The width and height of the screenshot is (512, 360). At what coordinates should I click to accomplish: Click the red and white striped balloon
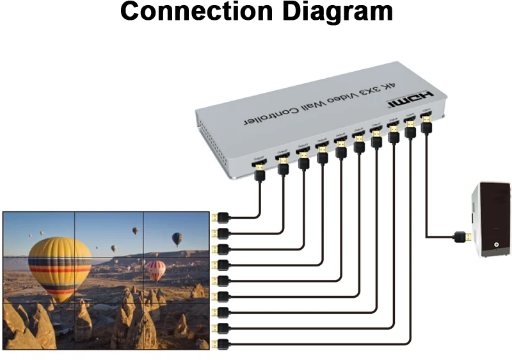click(156, 270)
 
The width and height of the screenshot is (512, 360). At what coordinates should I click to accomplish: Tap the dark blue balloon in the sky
click(177, 239)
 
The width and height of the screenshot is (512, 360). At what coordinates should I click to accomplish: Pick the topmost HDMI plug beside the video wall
click(220, 217)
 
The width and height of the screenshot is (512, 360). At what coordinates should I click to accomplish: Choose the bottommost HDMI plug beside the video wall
click(220, 343)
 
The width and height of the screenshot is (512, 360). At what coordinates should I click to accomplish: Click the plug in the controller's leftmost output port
click(260, 172)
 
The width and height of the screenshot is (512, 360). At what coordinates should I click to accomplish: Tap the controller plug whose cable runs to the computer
click(426, 124)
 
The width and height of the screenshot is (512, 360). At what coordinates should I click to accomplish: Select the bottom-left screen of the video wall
click(39, 324)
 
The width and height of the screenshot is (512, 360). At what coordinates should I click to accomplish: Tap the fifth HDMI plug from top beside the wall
click(220, 281)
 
